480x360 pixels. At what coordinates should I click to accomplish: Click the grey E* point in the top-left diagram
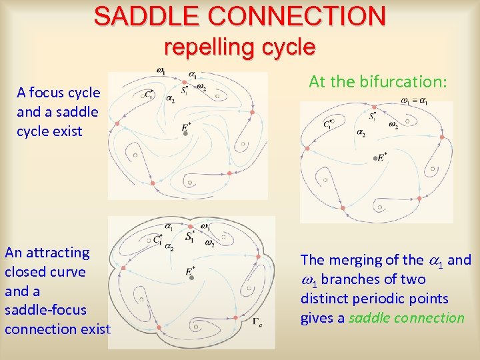185,133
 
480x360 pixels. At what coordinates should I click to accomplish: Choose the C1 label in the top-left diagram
148,95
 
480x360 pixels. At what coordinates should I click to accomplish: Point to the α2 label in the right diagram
361,133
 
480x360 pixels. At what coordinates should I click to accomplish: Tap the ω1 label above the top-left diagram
161,70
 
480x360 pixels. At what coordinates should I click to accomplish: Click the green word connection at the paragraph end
429,318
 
